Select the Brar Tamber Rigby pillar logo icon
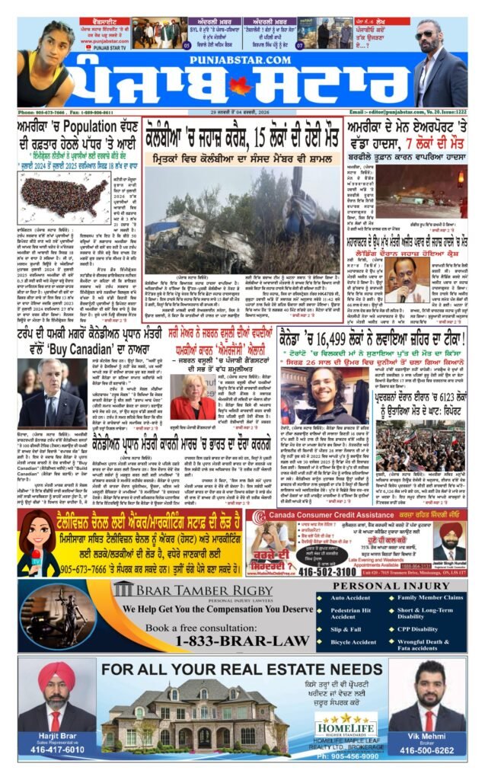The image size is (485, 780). click(123, 588)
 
